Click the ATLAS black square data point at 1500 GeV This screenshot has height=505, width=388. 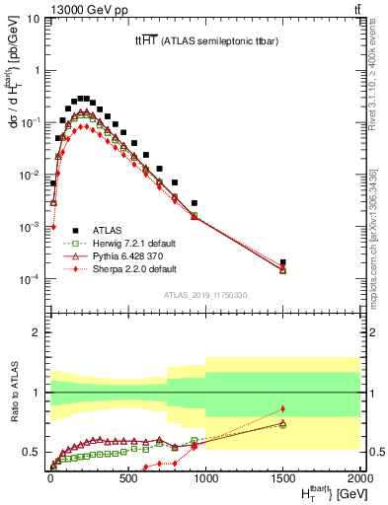coord(283,263)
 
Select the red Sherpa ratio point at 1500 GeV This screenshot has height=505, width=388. coord(283,408)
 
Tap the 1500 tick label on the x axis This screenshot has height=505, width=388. coord(283,479)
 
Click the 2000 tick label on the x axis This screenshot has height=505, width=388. coord(360,479)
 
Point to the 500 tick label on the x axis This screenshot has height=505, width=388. coord(127,479)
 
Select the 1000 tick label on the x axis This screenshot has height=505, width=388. coord(205,479)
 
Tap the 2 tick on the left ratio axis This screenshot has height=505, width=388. coord(36,332)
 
